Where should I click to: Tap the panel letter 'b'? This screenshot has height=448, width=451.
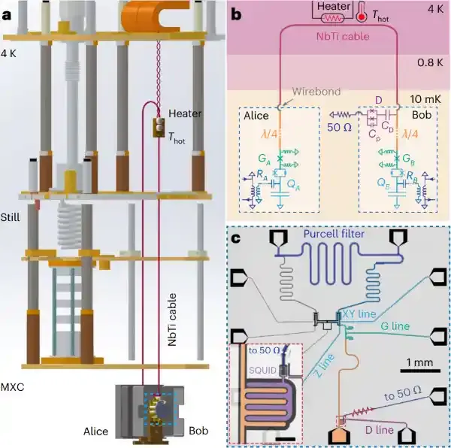(237, 13)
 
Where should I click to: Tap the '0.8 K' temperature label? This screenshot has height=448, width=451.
(424, 65)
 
